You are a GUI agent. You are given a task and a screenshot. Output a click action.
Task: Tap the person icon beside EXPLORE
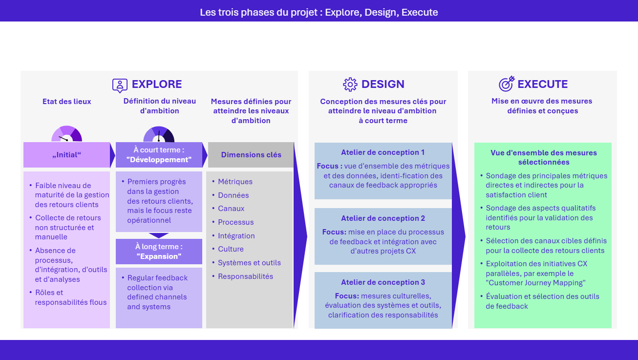tap(120, 85)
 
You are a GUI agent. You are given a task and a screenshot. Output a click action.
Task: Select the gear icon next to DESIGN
tap(350, 85)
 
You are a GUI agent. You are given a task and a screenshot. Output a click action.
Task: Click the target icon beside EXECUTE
tap(507, 84)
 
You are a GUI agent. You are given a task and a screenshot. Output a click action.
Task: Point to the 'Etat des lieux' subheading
tap(67, 102)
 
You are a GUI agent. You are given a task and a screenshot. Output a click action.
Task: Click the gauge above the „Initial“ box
tap(67, 134)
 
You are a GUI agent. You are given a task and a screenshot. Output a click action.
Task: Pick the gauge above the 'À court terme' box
tap(159, 134)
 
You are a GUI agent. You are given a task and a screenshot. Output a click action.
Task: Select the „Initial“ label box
tap(67, 155)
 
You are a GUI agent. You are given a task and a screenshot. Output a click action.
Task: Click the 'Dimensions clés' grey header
tap(251, 155)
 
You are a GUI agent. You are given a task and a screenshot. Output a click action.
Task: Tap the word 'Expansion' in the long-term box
tap(159, 256)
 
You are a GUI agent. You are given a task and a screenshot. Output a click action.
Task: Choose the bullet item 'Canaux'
tap(231, 209)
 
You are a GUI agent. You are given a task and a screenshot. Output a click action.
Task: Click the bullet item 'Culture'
tap(231, 249)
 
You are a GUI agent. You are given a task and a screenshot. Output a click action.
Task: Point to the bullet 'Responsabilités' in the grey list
tap(245, 276)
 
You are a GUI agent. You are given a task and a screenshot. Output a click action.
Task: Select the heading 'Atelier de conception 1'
tap(383, 152)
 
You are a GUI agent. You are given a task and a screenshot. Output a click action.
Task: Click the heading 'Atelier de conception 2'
tap(383, 218)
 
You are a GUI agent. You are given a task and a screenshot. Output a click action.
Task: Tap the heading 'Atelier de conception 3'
tap(383, 282)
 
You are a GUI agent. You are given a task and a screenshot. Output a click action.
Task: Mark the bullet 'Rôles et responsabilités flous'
tap(70, 297)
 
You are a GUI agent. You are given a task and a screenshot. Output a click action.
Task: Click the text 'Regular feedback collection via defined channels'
tap(157, 292)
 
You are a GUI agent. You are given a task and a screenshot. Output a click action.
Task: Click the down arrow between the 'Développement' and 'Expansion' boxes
tap(159, 235)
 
